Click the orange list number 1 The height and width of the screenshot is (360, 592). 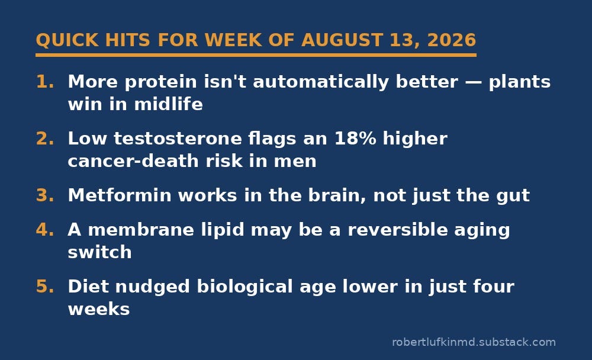[x=45, y=82]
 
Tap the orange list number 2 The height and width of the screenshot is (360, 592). [x=45, y=139]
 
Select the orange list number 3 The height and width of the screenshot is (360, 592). [x=45, y=195]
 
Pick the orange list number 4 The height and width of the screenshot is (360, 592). [x=45, y=230]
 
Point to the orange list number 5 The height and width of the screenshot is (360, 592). [x=45, y=287]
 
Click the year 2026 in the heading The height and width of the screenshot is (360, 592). [x=452, y=40]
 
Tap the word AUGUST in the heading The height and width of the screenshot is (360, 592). [x=342, y=40]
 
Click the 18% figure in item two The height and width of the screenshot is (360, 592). [x=355, y=139]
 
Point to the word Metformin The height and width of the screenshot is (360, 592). [x=120, y=195]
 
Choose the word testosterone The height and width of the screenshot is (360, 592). [x=178, y=139]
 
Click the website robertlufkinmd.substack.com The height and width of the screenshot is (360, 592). [x=474, y=342]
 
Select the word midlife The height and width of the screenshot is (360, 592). [x=168, y=104]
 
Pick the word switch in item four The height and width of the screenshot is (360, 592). [x=99, y=252]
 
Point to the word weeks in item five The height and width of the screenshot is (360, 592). [x=99, y=310]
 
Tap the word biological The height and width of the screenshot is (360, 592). [x=244, y=287]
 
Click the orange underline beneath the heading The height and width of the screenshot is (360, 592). [x=256, y=55]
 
